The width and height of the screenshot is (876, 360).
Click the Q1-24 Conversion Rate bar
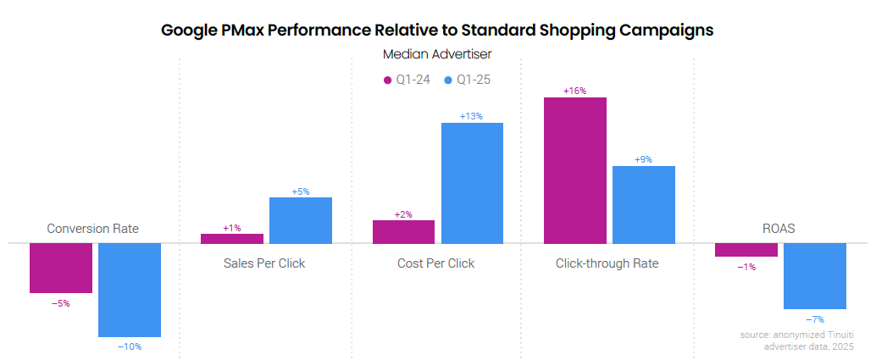point(61,268)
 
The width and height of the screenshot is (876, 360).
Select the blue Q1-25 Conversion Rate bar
point(130,290)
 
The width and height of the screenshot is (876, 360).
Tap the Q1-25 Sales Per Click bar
point(301,220)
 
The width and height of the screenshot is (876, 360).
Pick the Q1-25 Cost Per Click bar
point(472,183)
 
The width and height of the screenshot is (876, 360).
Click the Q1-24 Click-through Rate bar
point(575,170)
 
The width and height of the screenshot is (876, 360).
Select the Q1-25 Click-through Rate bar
point(644,204)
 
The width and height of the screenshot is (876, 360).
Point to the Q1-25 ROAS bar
point(815,276)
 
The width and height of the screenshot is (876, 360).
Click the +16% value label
point(575,91)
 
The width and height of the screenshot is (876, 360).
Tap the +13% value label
point(471,116)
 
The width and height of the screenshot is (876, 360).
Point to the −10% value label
point(130,346)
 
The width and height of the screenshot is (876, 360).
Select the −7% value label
point(814,319)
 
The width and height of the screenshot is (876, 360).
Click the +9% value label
point(643,159)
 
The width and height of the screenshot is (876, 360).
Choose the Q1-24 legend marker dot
point(387,80)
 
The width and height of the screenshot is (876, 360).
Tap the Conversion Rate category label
point(92,229)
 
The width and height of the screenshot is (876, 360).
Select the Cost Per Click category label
point(435,263)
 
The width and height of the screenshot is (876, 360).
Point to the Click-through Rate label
point(607,263)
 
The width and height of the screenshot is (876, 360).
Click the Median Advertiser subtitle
point(437,54)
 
